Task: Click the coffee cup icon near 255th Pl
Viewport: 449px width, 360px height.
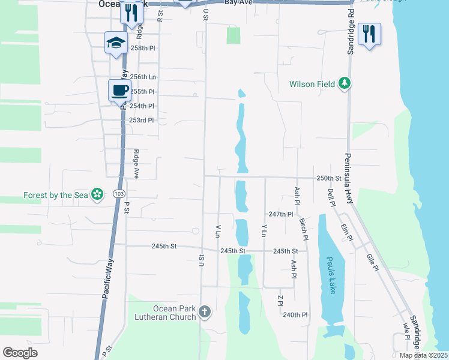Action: [x=119, y=91]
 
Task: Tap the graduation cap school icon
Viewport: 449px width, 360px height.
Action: [x=116, y=43]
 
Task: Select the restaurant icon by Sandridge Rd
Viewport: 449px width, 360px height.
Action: [x=369, y=34]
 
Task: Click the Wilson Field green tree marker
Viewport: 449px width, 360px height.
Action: [x=345, y=84]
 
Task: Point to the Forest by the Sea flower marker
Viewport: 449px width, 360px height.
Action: [x=96, y=195]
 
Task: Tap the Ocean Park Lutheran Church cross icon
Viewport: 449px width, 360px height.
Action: [x=205, y=311]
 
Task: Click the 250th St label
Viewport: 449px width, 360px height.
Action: [x=329, y=178]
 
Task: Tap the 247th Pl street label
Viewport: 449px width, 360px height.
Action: [x=280, y=214]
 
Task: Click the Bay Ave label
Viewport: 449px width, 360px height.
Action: [x=237, y=3]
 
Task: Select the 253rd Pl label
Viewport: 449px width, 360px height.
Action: [x=142, y=120]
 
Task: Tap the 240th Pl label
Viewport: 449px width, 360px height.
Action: [x=295, y=315]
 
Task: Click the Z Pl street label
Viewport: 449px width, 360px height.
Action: [x=280, y=301]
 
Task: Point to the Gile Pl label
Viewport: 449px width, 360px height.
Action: [x=372, y=261]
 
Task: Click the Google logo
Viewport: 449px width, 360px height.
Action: [x=20, y=353]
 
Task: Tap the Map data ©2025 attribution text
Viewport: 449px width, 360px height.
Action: [x=423, y=355]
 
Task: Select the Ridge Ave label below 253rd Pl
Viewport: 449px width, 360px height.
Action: [x=136, y=164]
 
